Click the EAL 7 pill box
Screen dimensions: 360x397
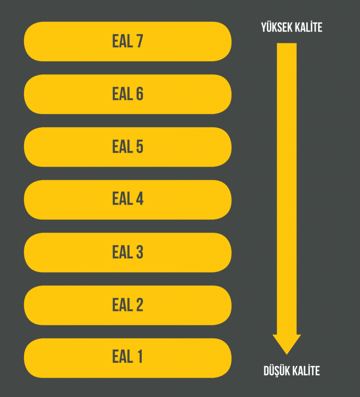(128, 41)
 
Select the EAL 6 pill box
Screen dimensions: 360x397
(128, 94)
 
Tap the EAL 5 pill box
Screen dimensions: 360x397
(128, 147)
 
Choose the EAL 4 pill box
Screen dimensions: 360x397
(128, 200)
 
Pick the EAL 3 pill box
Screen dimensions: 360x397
(128, 253)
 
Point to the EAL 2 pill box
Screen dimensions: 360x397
(128, 306)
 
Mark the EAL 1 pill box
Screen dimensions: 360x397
(128, 358)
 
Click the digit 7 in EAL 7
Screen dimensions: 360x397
(140, 41)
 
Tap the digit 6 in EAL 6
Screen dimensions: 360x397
(140, 94)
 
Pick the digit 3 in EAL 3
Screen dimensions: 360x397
(140, 252)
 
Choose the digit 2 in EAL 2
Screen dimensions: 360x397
(140, 305)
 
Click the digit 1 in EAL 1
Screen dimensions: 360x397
(140, 357)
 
